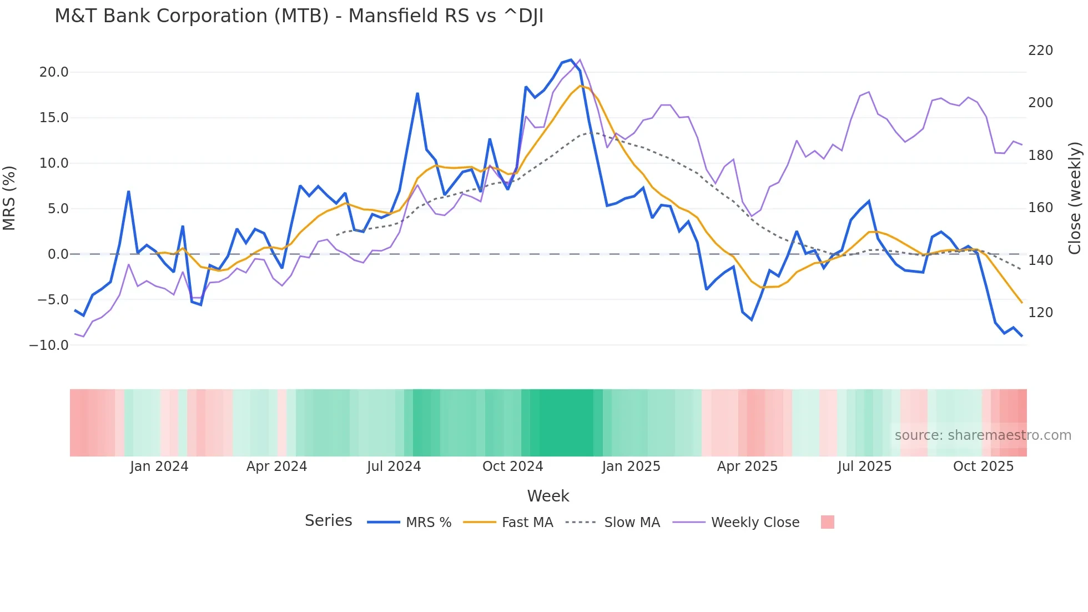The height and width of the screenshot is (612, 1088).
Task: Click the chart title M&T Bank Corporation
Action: [x=299, y=16]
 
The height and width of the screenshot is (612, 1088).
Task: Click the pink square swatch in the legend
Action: [x=827, y=522]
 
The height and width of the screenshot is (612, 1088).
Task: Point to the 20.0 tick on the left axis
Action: [x=54, y=72]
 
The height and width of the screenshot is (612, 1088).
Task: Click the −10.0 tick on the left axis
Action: [x=49, y=345]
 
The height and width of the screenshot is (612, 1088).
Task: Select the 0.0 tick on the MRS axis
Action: [x=58, y=254]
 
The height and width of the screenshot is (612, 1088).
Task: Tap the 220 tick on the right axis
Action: [x=1040, y=51]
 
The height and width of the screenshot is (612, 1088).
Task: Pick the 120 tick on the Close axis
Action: [x=1040, y=313]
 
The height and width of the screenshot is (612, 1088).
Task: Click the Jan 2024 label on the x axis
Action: [x=159, y=466]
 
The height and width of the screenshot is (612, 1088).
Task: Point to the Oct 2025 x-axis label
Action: [x=983, y=466]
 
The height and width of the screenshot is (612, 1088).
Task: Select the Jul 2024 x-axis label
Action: [x=394, y=466]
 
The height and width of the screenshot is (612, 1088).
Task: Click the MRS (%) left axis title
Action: [x=9, y=198]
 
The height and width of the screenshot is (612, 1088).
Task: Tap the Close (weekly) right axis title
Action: [x=1075, y=198]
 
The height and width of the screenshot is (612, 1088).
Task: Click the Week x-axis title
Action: [x=548, y=496]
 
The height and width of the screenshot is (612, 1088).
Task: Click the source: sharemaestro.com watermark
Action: [x=983, y=435]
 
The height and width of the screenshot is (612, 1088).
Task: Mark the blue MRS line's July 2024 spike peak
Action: [x=417, y=93]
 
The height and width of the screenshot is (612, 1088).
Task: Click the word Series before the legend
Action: [x=328, y=521]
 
